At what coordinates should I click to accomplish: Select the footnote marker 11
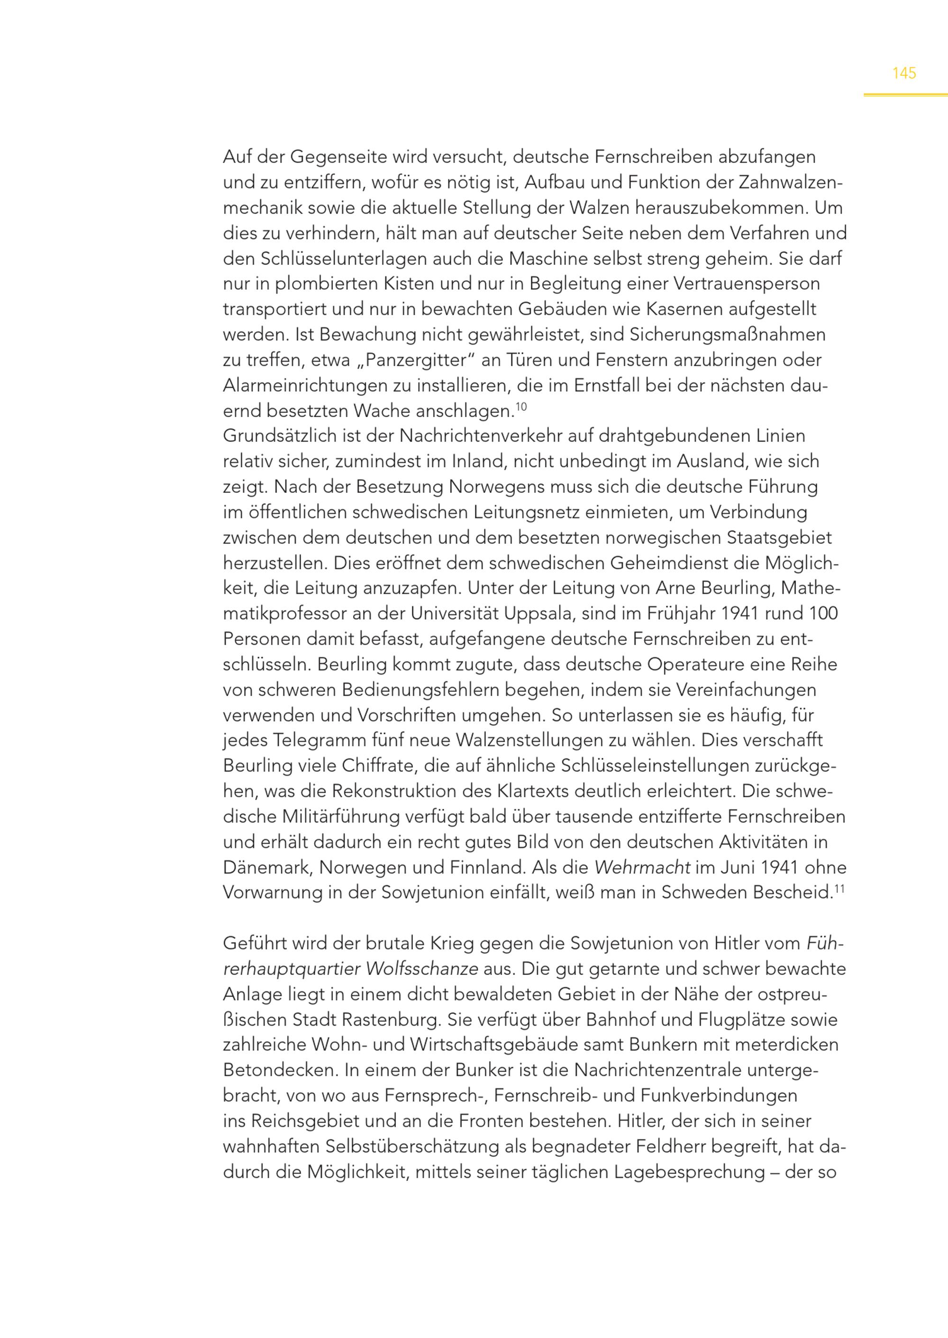pos(840,889)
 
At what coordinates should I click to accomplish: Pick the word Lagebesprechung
pos(689,1173)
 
